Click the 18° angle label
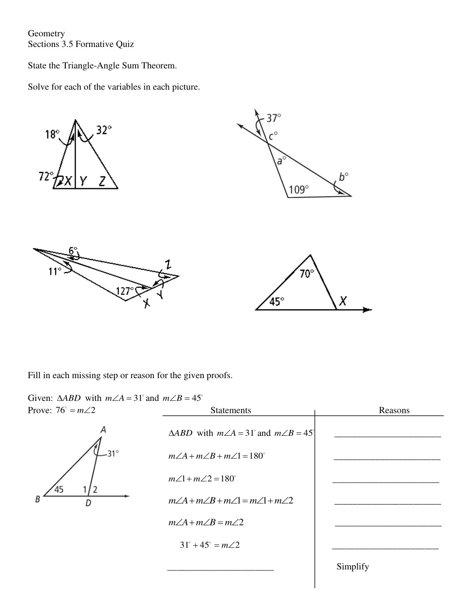pyautogui.click(x=52, y=134)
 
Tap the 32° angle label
pyautogui.click(x=104, y=130)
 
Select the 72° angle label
pyautogui.click(x=46, y=176)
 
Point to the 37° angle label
pyautogui.click(x=274, y=118)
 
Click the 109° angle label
pyautogui.click(x=299, y=189)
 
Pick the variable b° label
pyautogui.click(x=343, y=177)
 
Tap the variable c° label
pyautogui.click(x=274, y=136)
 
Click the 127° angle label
pyautogui.click(x=125, y=291)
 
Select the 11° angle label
pyautogui.click(x=55, y=271)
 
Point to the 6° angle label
pyautogui.click(x=73, y=250)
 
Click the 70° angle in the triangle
pyautogui.click(x=306, y=274)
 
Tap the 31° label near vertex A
pyautogui.click(x=113, y=454)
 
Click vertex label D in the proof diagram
pyautogui.click(x=88, y=503)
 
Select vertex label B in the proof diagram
pyautogui.click(x=37, y=499)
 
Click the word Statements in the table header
pyautogui.click(x=230, y=410)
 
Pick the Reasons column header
pyautogui.click(x=394, y=410)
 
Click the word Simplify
pyautogui.click(x=352, y=567)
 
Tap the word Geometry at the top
pyautogui.click(x=46, y=33)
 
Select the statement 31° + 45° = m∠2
pyautogui.click(x=210, y=545)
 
